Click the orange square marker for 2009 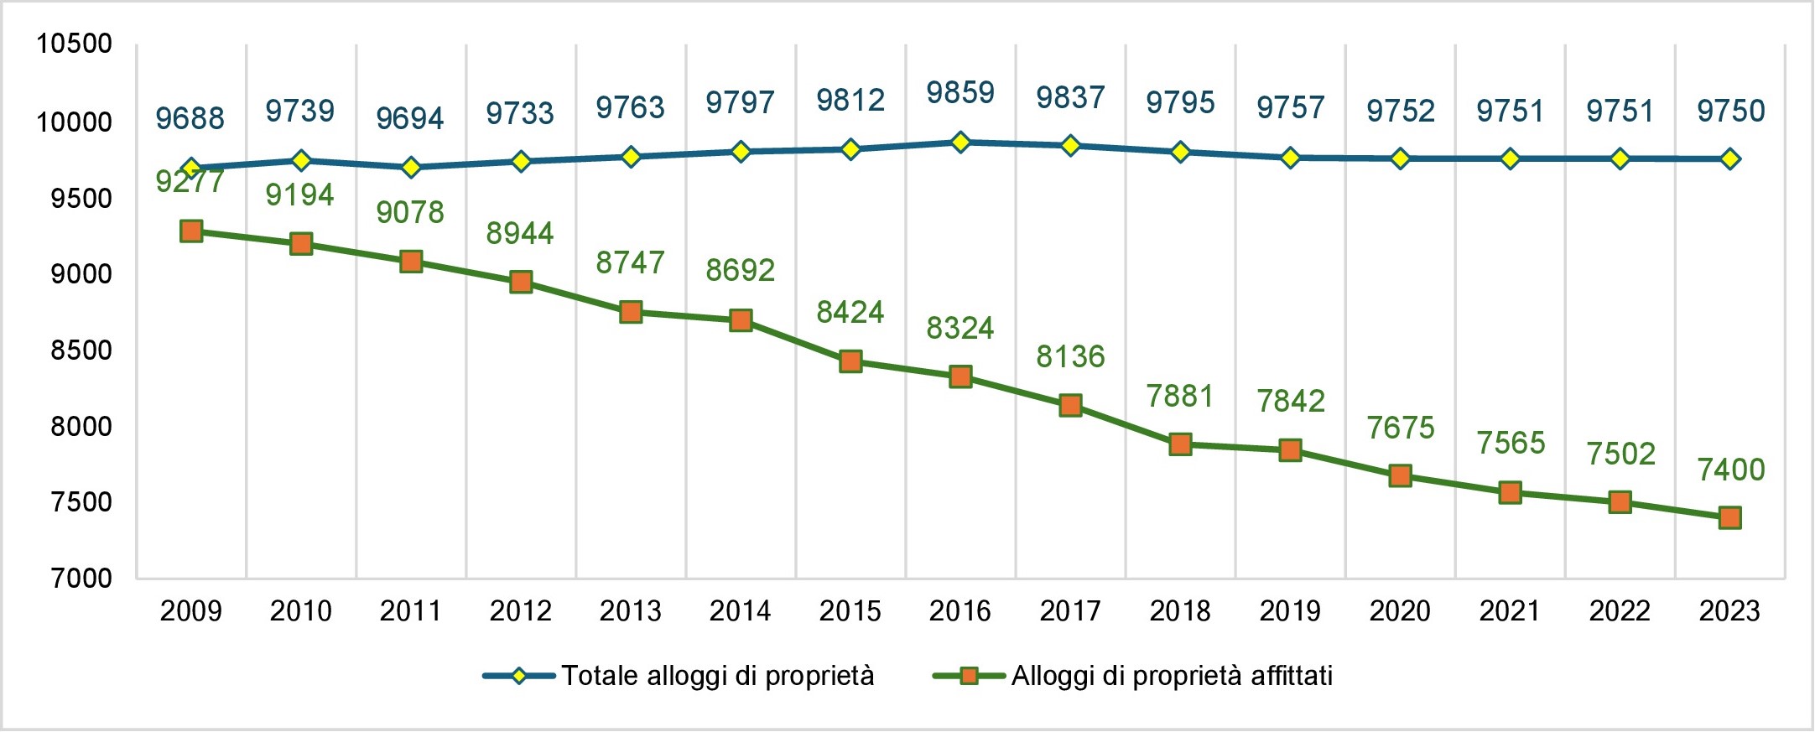pos(191,231)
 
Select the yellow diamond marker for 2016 pos(960,143)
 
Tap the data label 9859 pos(960,93)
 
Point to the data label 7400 pos(1730,470)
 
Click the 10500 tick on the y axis pos(74,44)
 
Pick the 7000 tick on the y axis pos(81,579)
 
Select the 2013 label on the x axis pos(631,611)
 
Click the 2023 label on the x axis pos(1729,611)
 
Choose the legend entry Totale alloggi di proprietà pos(717,676)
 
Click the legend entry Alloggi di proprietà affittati pos(1172,676)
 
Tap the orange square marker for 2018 pos(1180,444)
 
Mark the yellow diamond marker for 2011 pos(411,168)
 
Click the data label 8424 pos(850,313)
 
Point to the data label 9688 pos(190,118)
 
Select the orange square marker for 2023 pos(1729,518)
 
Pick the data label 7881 pos(1180,396)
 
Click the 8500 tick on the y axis pos(81,350)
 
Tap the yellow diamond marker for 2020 pos(1400,158)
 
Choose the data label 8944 pos(520,233)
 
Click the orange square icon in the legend pos(969,676)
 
